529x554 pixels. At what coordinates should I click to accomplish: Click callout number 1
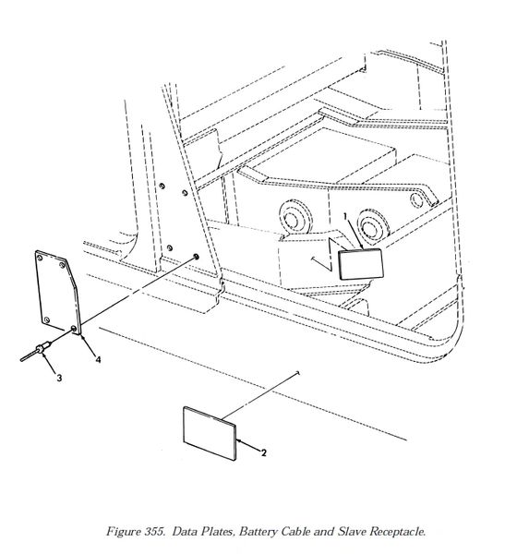[346, 215]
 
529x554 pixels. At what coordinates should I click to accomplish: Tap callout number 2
[264, 452]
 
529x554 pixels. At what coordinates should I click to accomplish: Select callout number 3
[59, 378]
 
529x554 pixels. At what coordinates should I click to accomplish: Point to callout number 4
[98, 359]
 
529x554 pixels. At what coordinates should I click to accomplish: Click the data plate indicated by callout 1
[361, 264]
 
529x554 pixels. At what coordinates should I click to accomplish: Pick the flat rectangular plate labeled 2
[210, 434]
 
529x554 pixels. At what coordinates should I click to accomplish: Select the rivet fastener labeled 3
[35, 352]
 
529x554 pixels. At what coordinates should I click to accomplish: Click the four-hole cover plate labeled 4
[58, 292]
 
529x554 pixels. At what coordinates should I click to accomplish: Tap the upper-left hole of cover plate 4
[40, 258]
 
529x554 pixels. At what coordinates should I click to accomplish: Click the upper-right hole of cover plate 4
[63, 265]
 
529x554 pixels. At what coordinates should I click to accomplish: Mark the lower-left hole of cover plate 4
[46, 320]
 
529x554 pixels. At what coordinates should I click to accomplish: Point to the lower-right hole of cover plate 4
[74, 329]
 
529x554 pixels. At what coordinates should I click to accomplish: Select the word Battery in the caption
[258, 532]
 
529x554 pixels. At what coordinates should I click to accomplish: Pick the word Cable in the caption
[295, 531]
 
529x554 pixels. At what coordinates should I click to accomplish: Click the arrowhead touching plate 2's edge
[238, 440]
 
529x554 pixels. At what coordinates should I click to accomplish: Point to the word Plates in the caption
[219, 532]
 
